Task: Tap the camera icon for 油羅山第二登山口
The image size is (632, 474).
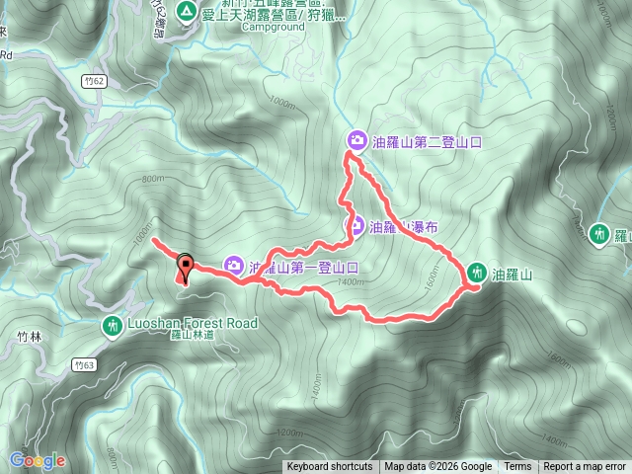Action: coord(356,141)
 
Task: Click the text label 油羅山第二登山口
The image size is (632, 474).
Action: coord(428,142)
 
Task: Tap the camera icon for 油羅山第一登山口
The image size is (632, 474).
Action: coord(234,265)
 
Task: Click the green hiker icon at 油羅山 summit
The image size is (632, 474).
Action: coord(477,273)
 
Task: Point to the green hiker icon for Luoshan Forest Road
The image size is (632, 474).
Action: coord(114,324)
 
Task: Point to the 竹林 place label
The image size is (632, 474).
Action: coord(30,337)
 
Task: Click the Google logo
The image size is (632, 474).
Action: coord(37,460)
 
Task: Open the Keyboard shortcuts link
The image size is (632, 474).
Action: coord(330,467)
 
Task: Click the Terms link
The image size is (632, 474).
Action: coord(517,467)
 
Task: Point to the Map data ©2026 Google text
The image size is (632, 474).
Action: coord(438,467)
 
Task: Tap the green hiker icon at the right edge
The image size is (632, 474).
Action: coord(598,234)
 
